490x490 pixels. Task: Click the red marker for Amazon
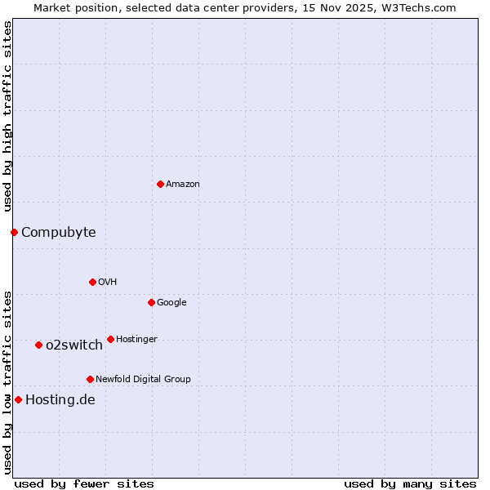(x=160, y=184)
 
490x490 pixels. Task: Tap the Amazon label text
(x=183, y=185)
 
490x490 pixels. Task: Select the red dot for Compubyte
(x=14, y=232)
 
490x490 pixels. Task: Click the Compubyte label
(x=58, y=233)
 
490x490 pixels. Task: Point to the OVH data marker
(x=92, y=282)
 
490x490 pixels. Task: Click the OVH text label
(x=108, y=283)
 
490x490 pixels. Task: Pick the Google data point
(x=151, y=302)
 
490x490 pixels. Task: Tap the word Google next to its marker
(x=171, y=303)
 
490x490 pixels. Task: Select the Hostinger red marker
(x=110, y=339)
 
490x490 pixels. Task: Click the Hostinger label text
(x=136, y=340)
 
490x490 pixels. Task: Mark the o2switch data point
(x=38, y=345)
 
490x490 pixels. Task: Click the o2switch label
(x=74, y=345)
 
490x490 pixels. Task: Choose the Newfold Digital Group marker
(x=90, y=379)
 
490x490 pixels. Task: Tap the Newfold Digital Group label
(x=143, y=380)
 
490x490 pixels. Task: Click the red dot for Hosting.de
(x=18, y=399)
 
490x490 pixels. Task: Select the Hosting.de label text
(x=60, y=400)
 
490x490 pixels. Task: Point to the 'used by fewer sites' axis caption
(x=84, y=483)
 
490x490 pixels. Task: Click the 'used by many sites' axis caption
(x=410, y=483)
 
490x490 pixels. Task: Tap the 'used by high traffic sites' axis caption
(x=7, y=116)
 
